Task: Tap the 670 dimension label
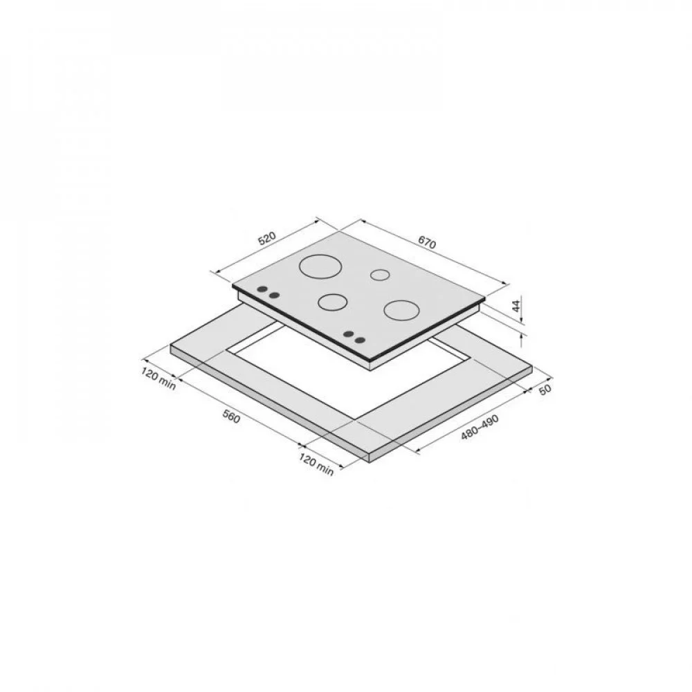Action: tap(427, 242)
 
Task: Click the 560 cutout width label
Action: tap(231, 417)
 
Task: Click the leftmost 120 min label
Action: tap(158, 379)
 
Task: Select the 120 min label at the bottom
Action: tap(316, 464)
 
